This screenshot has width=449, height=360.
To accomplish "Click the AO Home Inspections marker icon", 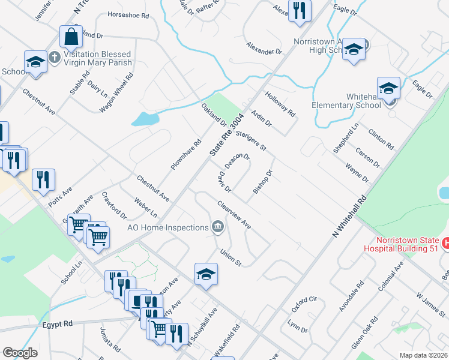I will (x=218, y=227).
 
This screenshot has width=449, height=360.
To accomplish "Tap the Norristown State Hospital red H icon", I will (x=445, y=243).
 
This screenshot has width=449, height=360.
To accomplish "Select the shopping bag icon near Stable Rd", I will (x=71, y=37).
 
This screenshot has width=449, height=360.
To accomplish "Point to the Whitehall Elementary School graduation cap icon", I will (x=388, y=88).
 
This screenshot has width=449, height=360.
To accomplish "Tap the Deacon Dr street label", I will (x=237, y=160).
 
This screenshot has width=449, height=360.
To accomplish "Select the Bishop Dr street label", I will (x=263, y=182).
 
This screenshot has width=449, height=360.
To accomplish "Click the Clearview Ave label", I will (x=234, y=214).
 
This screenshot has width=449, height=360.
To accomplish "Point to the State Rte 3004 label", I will (x=227, y=136).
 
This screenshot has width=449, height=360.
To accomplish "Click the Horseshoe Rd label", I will (x=127, y=14).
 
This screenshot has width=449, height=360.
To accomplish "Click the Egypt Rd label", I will (x=58, y=323).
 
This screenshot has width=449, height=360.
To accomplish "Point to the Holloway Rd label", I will (x=281, y=104).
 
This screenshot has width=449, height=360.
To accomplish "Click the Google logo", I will (x=20, y=353).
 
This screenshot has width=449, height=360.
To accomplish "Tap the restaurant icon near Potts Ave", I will (x=43, y=179).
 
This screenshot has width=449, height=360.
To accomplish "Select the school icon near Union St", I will (x=206, y=274).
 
